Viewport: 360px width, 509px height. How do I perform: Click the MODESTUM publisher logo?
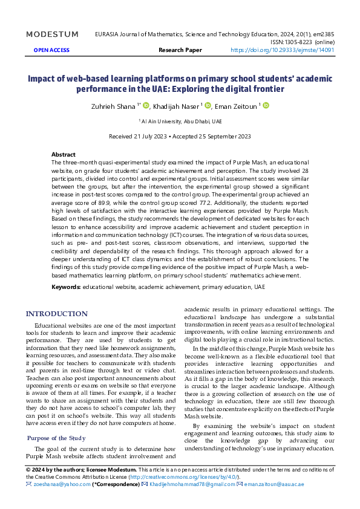point(53,34)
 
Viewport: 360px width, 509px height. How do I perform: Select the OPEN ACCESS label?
point(51,51)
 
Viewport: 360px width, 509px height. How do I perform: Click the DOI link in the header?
point(283,51)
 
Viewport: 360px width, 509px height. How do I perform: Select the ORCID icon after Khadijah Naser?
point(208,106)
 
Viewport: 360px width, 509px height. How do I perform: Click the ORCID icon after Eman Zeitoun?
point(266,106)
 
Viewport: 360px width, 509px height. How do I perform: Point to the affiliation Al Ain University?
point(182,121)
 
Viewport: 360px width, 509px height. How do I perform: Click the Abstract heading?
point(64,155)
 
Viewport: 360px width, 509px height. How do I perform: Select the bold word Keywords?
point(66,286)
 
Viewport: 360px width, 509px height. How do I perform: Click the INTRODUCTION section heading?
point(56,314)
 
